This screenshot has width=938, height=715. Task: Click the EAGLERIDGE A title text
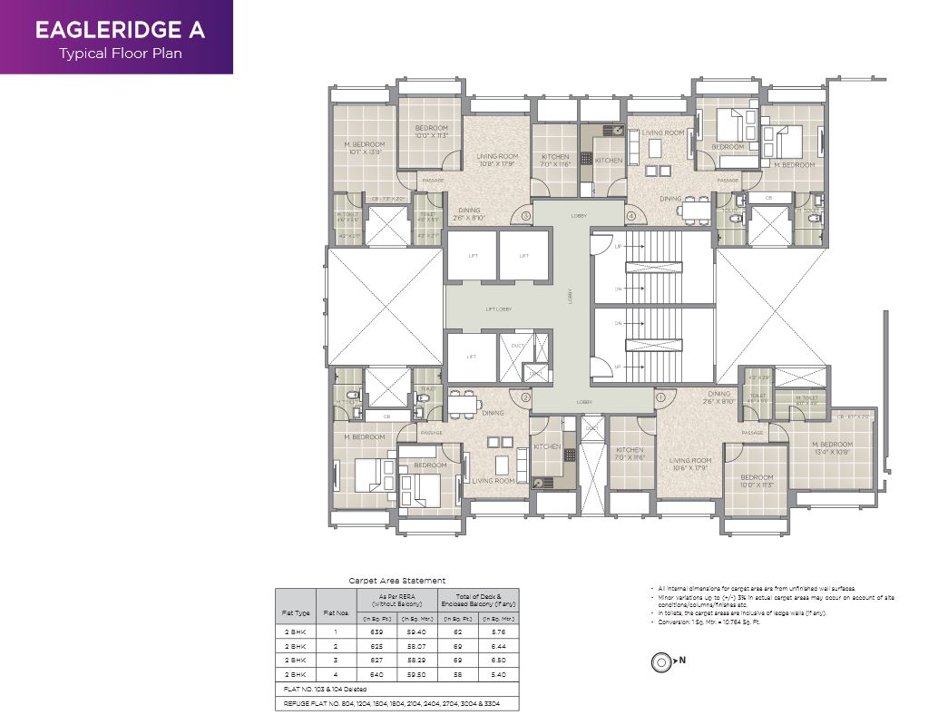click(120, 29)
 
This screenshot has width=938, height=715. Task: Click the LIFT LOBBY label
click(498, 309)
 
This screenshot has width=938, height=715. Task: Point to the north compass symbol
click(660, 662)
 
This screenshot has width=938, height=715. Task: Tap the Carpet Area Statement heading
click(397, 581)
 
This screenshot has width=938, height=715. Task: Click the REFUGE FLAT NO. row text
click(390, 703)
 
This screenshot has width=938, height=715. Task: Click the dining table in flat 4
click(696, 211)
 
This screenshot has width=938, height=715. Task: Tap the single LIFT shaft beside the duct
click(471, 357)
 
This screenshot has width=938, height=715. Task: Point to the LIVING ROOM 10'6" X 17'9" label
click(690, 465)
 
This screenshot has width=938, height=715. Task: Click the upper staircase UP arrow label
click(619, 247)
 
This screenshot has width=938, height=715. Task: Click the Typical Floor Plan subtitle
click(120, 53)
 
